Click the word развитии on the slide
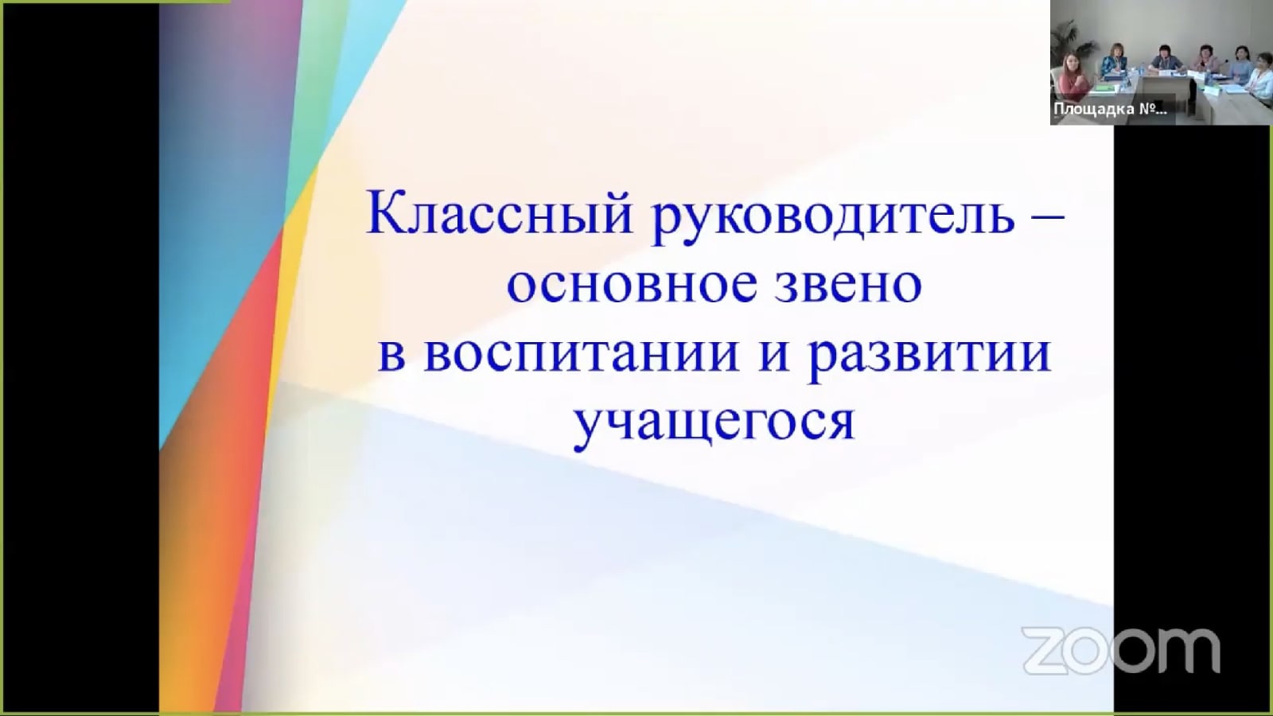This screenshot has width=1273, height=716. click(930, 359)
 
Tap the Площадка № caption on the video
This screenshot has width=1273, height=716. click(1111, 109)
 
